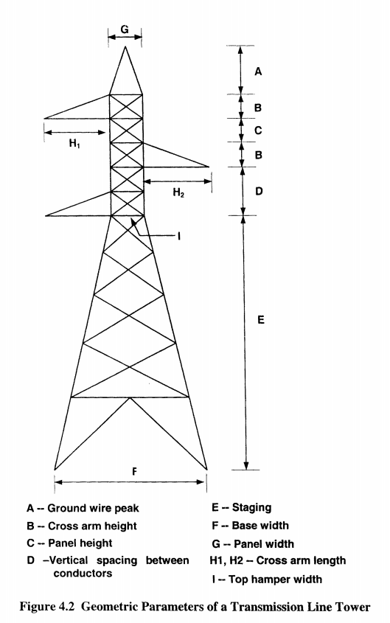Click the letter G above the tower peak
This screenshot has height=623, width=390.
point(125,29)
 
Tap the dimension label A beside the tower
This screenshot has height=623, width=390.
point(258,72)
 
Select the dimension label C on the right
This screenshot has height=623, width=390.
point(258,130)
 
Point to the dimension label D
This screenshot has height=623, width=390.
point(259,192)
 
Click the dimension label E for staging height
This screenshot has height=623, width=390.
point(260,320)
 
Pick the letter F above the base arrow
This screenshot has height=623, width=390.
point(134,472)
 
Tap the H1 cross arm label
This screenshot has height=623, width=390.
point(74,144)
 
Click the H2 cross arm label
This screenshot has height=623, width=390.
point(178,193)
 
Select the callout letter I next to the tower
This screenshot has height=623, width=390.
point(179,237)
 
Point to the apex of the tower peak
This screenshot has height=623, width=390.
point(125,47)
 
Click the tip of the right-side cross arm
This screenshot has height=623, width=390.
point(209,167)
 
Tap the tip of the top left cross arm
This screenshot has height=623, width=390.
point(44,118)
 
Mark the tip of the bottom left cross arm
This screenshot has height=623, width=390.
point(46,216)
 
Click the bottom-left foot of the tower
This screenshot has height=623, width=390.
point(55,470)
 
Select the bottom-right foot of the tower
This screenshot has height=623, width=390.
point(207,470)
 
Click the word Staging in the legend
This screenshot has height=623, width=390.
point(252,508)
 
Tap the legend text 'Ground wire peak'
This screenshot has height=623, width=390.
point(94,509)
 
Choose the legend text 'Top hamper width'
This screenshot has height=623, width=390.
point(275,580)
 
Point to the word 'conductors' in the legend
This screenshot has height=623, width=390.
point(83,574)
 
